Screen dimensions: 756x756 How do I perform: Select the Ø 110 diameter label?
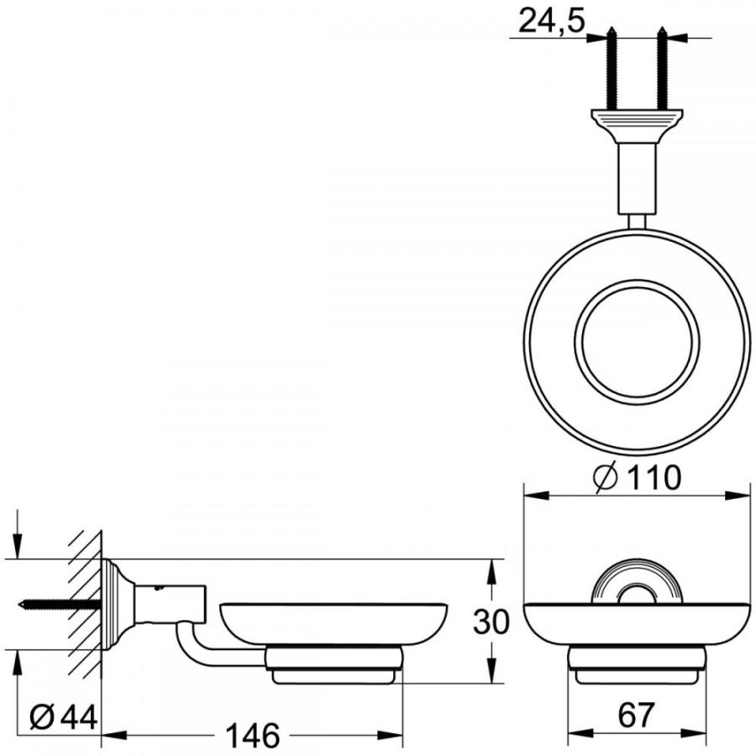pyautogui.click(x=636, y=478)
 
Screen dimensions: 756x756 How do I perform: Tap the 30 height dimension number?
pyautogui.click(x=491, y=622)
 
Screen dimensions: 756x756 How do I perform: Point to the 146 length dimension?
pyautogui.click(x=253, y=736)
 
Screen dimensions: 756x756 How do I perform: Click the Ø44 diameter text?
pyautogui.click(x=64, y=718)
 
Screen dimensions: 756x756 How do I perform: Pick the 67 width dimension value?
pyautogui.click(x=636, y=716)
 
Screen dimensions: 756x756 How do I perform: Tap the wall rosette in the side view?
pyautogui.click(x=114, y=603)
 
